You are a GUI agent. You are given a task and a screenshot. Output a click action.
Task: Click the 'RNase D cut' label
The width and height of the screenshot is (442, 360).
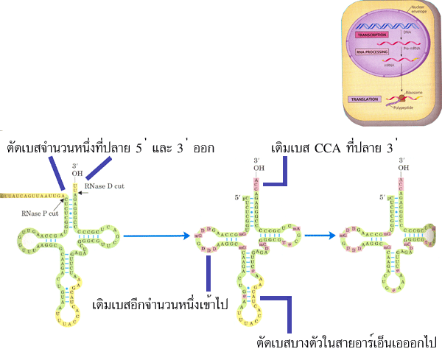coord(102,187)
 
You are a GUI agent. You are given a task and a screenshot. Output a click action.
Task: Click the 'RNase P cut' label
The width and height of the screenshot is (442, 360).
coord(35,213)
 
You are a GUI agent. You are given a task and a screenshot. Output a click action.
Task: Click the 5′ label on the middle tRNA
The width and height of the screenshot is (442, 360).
coord(237,197)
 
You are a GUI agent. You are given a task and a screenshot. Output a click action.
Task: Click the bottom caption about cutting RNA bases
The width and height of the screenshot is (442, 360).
coord(346,343)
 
